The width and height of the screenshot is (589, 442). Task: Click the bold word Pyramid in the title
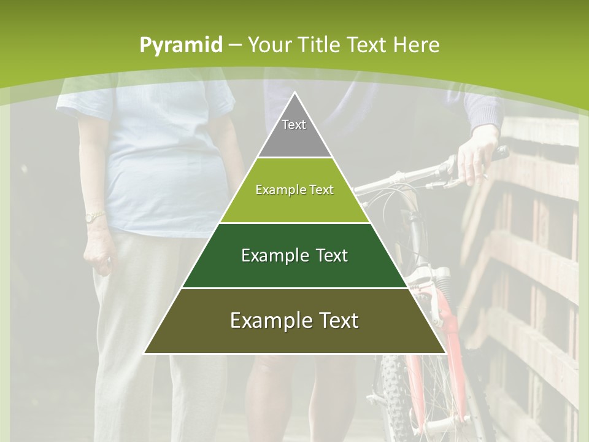point(181,45)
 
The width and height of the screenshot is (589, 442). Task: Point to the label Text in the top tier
point(294,125)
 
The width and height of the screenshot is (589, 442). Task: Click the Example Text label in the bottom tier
point(294,320)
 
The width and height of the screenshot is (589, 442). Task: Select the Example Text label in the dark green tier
point(294,255)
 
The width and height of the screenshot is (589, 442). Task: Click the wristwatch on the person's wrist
point(93,217)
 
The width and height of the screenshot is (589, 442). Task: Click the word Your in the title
point(270,45)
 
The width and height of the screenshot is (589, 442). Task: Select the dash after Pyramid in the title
point(235,45)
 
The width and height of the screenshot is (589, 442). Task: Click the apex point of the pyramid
point(295,94)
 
